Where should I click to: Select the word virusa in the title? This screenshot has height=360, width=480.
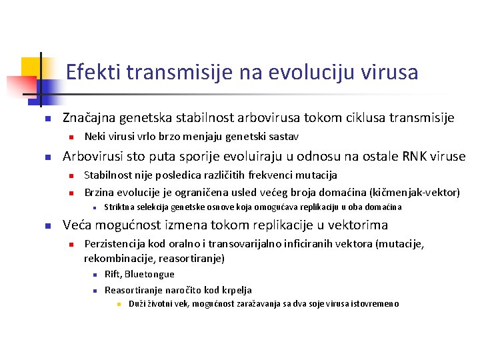pos(389,72)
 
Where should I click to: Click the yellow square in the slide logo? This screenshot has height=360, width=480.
pos(31,67)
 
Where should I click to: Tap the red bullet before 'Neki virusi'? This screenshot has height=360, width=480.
pos(71,137)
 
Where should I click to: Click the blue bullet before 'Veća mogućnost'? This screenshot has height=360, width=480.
pos(48,226)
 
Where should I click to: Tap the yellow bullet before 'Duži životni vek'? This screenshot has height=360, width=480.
pos(119,304)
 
